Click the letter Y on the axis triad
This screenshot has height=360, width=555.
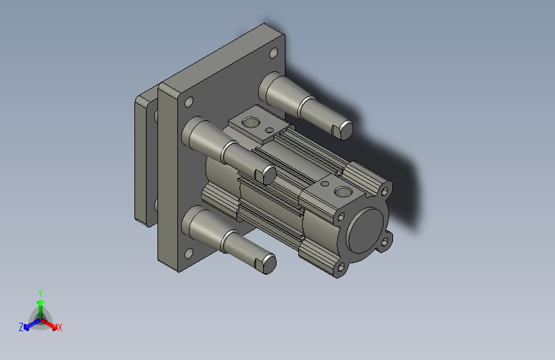(40, 293)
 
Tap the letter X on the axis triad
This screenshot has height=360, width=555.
(60, 327)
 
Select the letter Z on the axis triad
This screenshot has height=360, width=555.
(21, 327)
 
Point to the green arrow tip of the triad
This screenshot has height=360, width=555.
(41, 302)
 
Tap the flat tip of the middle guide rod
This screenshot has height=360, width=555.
(269, 175)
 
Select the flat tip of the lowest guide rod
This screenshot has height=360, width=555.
(269, 264)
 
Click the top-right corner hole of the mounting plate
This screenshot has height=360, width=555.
(273, 53)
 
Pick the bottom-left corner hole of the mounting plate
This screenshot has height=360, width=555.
(189, 254)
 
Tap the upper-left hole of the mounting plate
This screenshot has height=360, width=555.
(189, 102)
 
